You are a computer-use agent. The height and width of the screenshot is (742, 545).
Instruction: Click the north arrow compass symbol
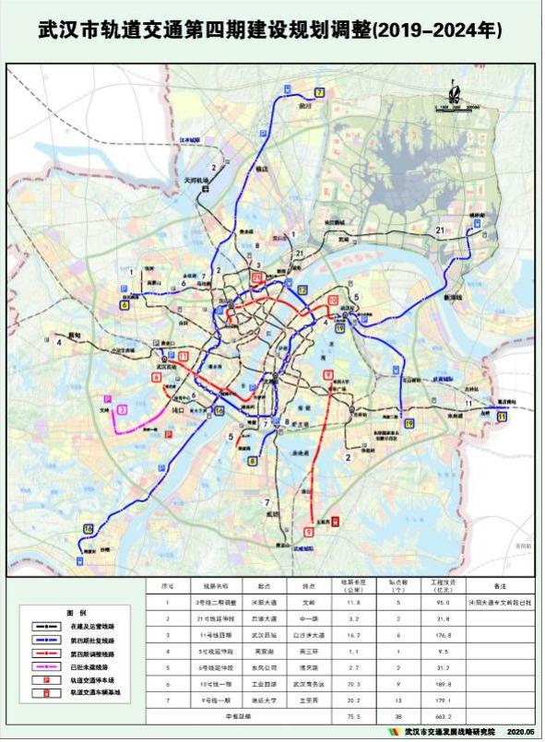tap(454, 92)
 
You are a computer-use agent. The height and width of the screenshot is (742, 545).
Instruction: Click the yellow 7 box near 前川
tap(320, 92)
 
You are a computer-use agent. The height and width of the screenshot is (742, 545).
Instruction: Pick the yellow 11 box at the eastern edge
tap(501, 417)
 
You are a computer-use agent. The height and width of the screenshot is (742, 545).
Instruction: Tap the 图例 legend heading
tap(76, 612)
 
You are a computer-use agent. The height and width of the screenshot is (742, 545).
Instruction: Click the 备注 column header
tap(501, 584)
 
